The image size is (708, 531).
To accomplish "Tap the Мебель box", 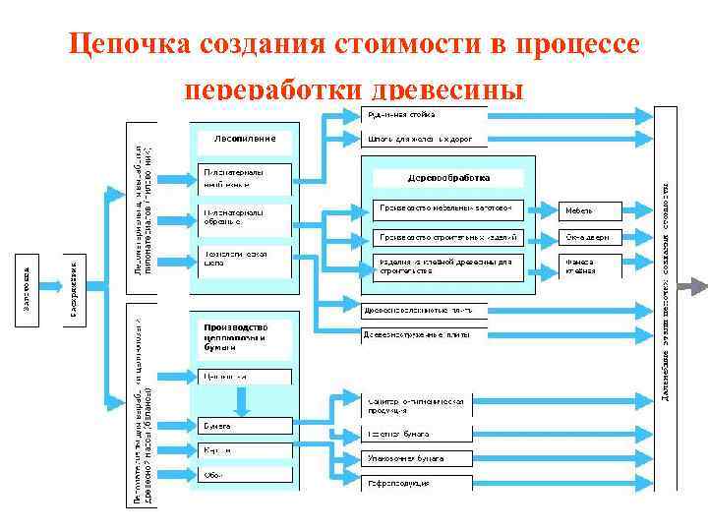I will [591, 210].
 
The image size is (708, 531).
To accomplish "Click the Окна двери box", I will [591, 237].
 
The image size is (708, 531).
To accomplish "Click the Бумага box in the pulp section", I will [245, 426].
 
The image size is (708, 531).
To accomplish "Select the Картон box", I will [245, 450].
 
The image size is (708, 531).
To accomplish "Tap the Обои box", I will [245, 475].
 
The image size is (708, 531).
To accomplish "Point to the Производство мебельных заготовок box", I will [451, 208].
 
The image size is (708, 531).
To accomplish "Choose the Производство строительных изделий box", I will [451, 236].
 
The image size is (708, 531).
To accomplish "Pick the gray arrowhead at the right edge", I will [696, 286].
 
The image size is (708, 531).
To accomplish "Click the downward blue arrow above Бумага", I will [242, 399].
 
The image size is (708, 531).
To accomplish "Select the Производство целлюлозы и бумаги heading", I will [235, 336].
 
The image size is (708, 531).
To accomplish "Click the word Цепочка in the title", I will [129, 45].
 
